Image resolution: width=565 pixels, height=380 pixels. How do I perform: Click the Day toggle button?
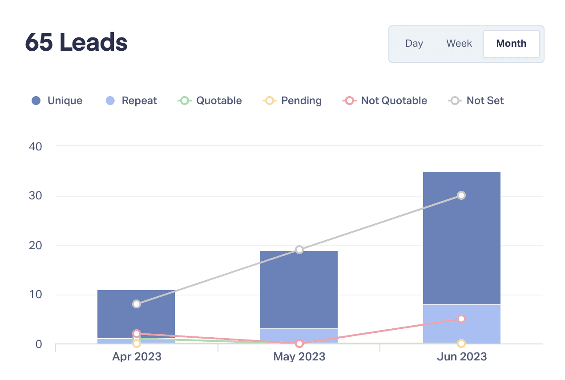[414, 44]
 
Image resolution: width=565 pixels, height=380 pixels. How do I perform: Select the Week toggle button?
[459, 44]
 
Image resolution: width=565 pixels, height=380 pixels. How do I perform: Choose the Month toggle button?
[511, 44]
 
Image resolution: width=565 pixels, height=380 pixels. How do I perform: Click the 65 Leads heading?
[76, 43]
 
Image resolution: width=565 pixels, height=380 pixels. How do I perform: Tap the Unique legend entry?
[57, 101]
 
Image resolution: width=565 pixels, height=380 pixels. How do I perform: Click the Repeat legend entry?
[131, 101]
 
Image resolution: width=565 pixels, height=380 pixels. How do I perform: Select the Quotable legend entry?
[210, 101]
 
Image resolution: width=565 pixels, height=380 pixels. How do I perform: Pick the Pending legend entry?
[292, 101]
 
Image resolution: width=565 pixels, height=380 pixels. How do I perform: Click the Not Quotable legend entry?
[385, 101]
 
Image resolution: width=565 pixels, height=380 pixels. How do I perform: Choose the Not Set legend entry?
[476, 101]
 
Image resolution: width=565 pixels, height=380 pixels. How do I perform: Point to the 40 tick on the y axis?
[36, 146]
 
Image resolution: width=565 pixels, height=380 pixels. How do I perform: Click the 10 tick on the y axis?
[36, 295]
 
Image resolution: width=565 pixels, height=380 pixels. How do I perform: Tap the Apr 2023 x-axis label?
[137, 356]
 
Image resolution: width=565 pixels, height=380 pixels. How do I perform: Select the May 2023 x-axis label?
[299, 356]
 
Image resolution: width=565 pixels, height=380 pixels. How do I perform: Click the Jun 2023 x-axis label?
[461, 356]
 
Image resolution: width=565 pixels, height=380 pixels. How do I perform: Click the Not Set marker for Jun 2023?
[461, 195]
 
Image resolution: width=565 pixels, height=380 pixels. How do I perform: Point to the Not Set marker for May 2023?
[299, 250]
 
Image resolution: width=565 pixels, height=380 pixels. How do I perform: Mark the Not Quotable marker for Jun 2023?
[461, 319]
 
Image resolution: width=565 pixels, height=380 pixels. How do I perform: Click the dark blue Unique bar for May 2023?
[299, 289]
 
